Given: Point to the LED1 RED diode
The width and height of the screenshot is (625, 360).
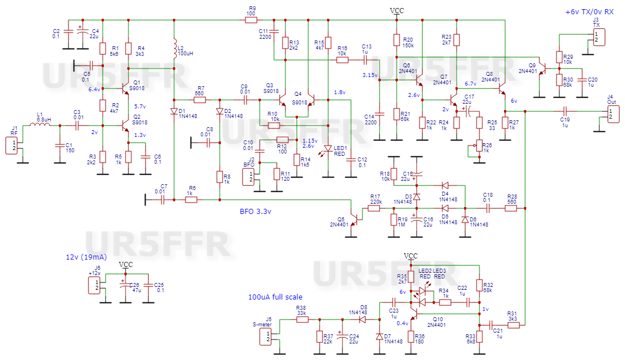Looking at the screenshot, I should click(328, 149).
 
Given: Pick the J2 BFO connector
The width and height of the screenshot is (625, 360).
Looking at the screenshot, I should click(249, 177).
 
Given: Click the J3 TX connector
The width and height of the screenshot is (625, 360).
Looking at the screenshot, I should click(597, 37).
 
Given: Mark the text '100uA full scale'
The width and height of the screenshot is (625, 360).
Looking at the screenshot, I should click(275, 297).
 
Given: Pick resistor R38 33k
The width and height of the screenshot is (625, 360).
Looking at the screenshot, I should click(301, 319).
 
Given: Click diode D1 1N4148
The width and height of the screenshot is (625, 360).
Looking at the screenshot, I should click(174, 111).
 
